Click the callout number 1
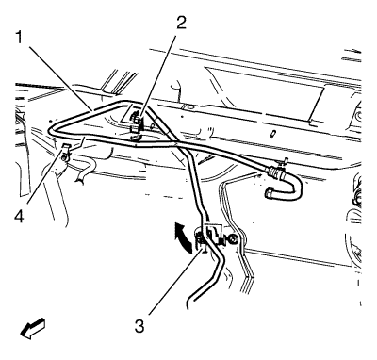[x=20, y=38]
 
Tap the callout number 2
[x=181, y=22]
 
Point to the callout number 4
[x=19, y=217]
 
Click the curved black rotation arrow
[x=183, y=237]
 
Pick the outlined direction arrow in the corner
[x=32, y=329]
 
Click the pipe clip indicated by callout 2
[x=136, y=125]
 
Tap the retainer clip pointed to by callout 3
[x=202, y=241]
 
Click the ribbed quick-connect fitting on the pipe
[x=276, y=173]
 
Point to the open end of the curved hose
[x=270, y=192]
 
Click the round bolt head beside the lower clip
[x=234, y=239]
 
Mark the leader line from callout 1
[x=60, y=78]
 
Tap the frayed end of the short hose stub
[x=79, y=179]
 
